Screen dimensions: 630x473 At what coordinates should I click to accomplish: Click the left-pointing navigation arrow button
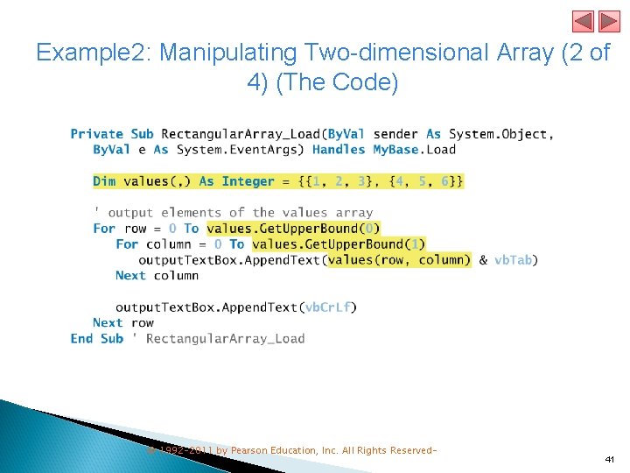583,21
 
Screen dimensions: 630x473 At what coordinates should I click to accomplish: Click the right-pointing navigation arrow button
608,21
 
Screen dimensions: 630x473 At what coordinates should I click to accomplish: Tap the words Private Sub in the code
111,134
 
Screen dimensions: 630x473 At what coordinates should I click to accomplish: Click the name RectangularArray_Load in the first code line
241,134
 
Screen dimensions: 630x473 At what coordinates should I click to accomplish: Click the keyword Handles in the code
338,150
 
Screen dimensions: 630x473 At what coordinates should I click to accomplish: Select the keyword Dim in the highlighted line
104,181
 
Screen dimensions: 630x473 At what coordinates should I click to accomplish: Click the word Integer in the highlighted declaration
248,181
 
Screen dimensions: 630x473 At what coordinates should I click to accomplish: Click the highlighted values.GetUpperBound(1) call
339,244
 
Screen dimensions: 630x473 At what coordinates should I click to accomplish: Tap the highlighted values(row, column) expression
399,260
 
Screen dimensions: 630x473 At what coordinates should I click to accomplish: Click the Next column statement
157,276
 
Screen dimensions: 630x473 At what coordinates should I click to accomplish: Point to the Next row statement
122,323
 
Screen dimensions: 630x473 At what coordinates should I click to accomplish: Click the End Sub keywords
97,339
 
